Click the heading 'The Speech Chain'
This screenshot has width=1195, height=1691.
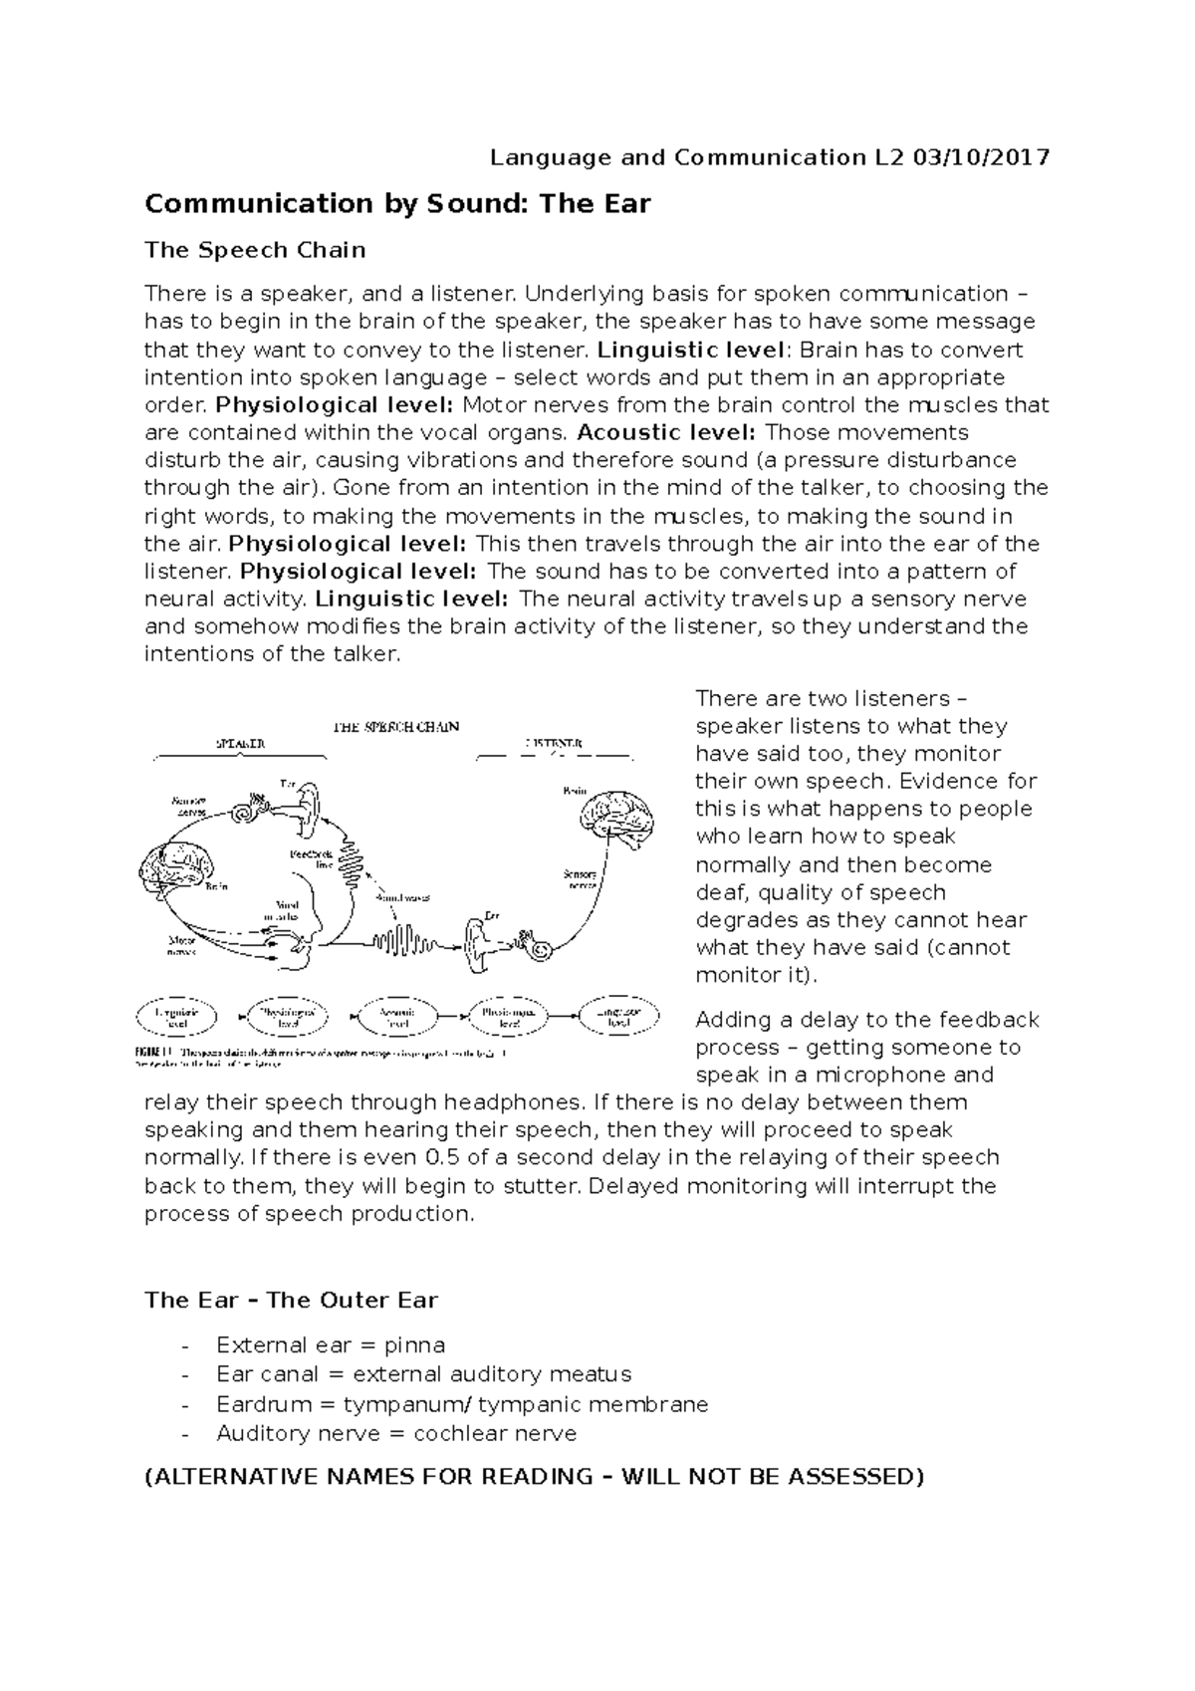point(255,250)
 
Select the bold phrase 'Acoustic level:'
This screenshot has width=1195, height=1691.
point(666,432)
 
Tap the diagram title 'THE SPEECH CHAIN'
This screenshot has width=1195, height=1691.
point(395,726)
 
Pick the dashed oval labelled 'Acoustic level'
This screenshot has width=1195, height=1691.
point(398,1016)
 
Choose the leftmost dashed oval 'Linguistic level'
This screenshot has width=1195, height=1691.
point(176,1016)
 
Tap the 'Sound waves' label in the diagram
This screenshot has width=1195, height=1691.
point(402,897)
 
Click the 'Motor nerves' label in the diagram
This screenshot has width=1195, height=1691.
point(180,944)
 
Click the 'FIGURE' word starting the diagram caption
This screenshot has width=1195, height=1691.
point(153,1051)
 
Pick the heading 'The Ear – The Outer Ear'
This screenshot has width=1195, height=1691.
point(291,1300)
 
